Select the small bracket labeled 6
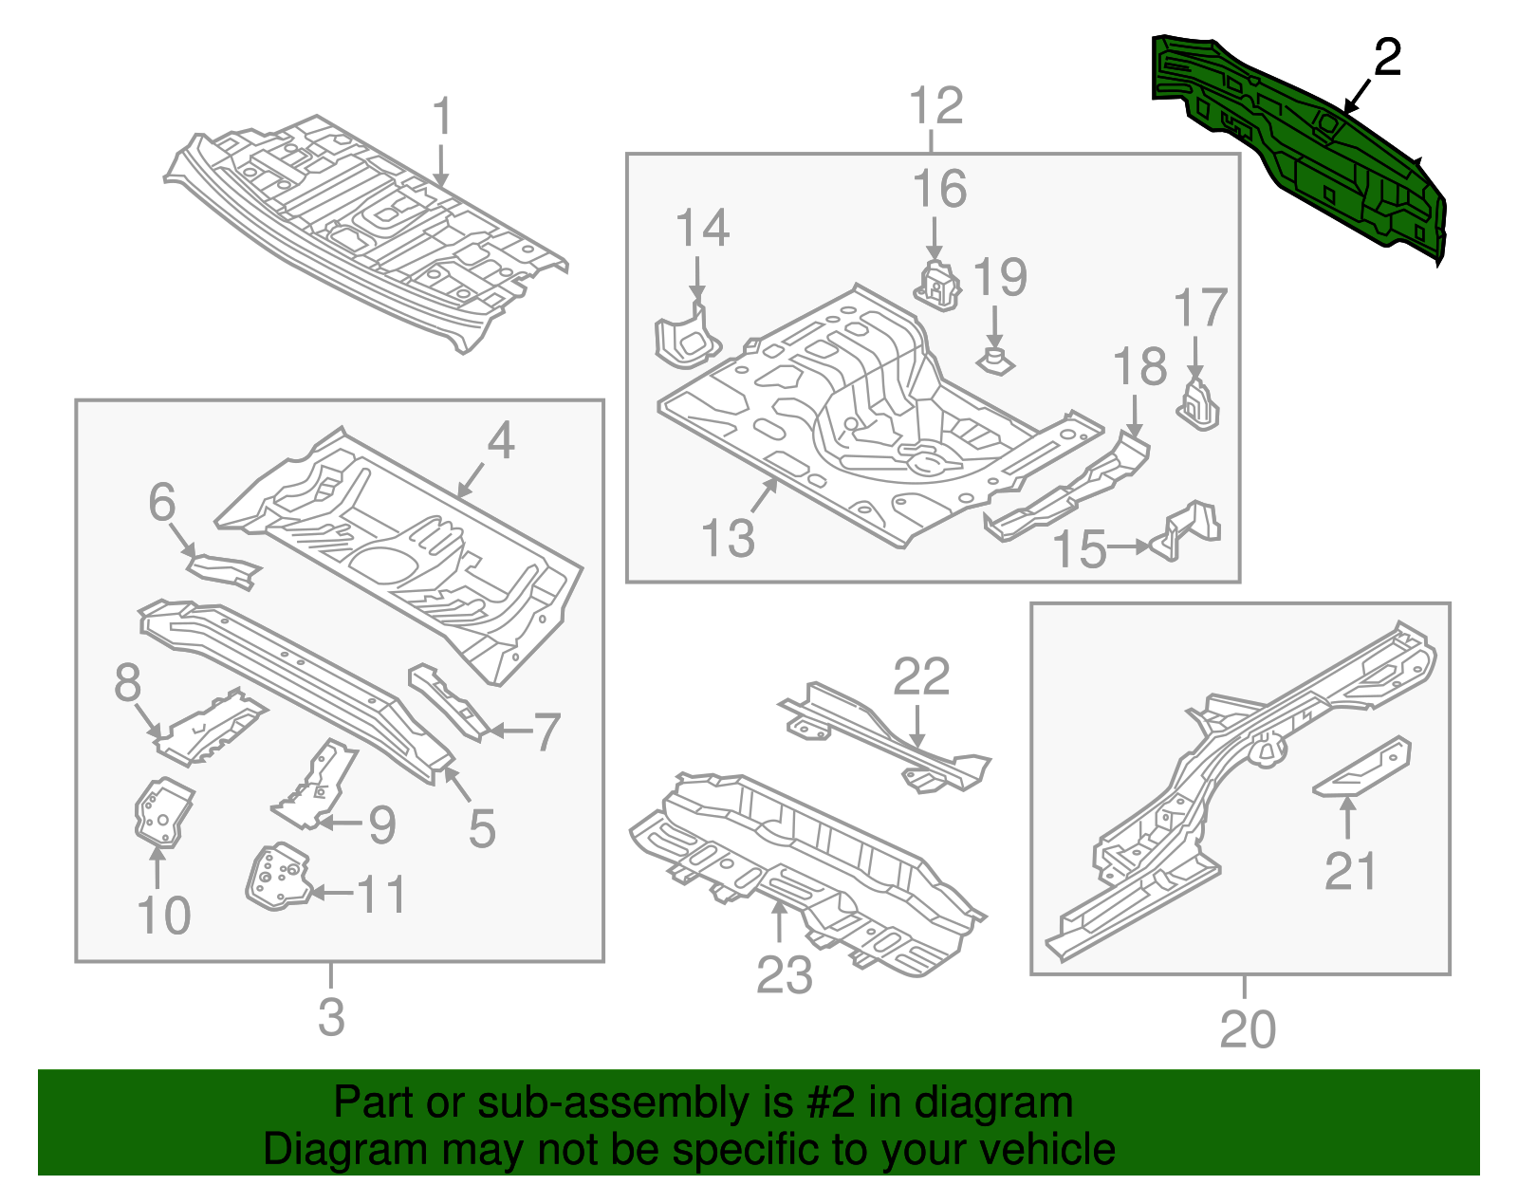click(224, 570)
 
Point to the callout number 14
click(702, 229)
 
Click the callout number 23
click(784, 974)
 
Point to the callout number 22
click(920, 676)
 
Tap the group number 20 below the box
click(1247, 1029)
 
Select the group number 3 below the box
click(330, 1017)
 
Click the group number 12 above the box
click(935, 105)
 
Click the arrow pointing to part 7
click(509, 731)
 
